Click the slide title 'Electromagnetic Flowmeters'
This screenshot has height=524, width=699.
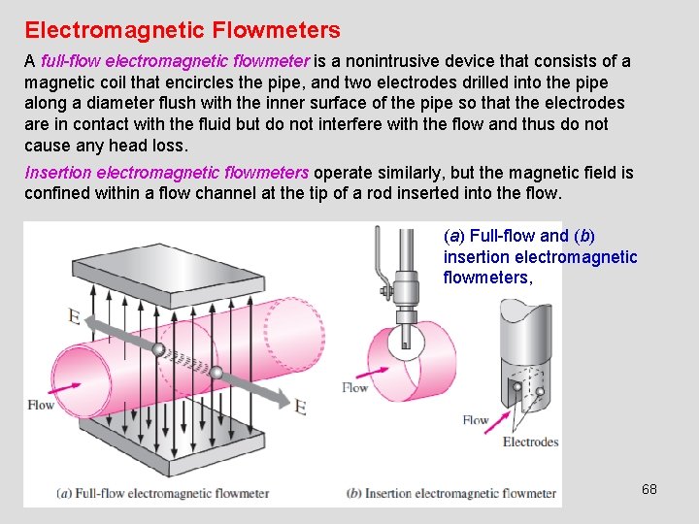(183, 31)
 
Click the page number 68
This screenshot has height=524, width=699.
(649, 489)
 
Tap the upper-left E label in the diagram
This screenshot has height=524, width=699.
(74, 315)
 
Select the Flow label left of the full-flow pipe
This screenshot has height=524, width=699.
(41, 405)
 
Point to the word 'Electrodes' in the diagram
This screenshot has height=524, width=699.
(530, 442)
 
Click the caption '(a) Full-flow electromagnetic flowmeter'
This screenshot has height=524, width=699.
(163, 493)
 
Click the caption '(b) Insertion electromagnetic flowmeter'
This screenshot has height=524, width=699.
(451, 493)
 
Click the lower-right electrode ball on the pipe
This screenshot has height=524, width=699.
(216, 372)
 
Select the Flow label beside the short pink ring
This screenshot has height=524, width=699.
(354, 387)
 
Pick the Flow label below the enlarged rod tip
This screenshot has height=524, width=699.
(476, 420)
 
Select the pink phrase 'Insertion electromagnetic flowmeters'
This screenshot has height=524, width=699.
(166, 173)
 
